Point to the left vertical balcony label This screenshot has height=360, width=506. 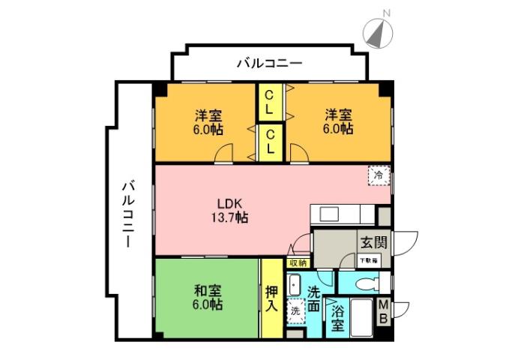pos(128,214)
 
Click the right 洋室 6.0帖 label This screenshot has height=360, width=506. pos(338,121)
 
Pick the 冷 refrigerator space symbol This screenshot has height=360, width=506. pos(379,175)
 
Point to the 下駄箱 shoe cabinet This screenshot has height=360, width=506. pos(368,259)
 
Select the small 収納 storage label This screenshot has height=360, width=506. pos(297,263)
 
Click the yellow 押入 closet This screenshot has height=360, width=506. pos(271,297)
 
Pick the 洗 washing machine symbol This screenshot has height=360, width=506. pos(295,310)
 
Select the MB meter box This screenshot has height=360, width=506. pos(382,311)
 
